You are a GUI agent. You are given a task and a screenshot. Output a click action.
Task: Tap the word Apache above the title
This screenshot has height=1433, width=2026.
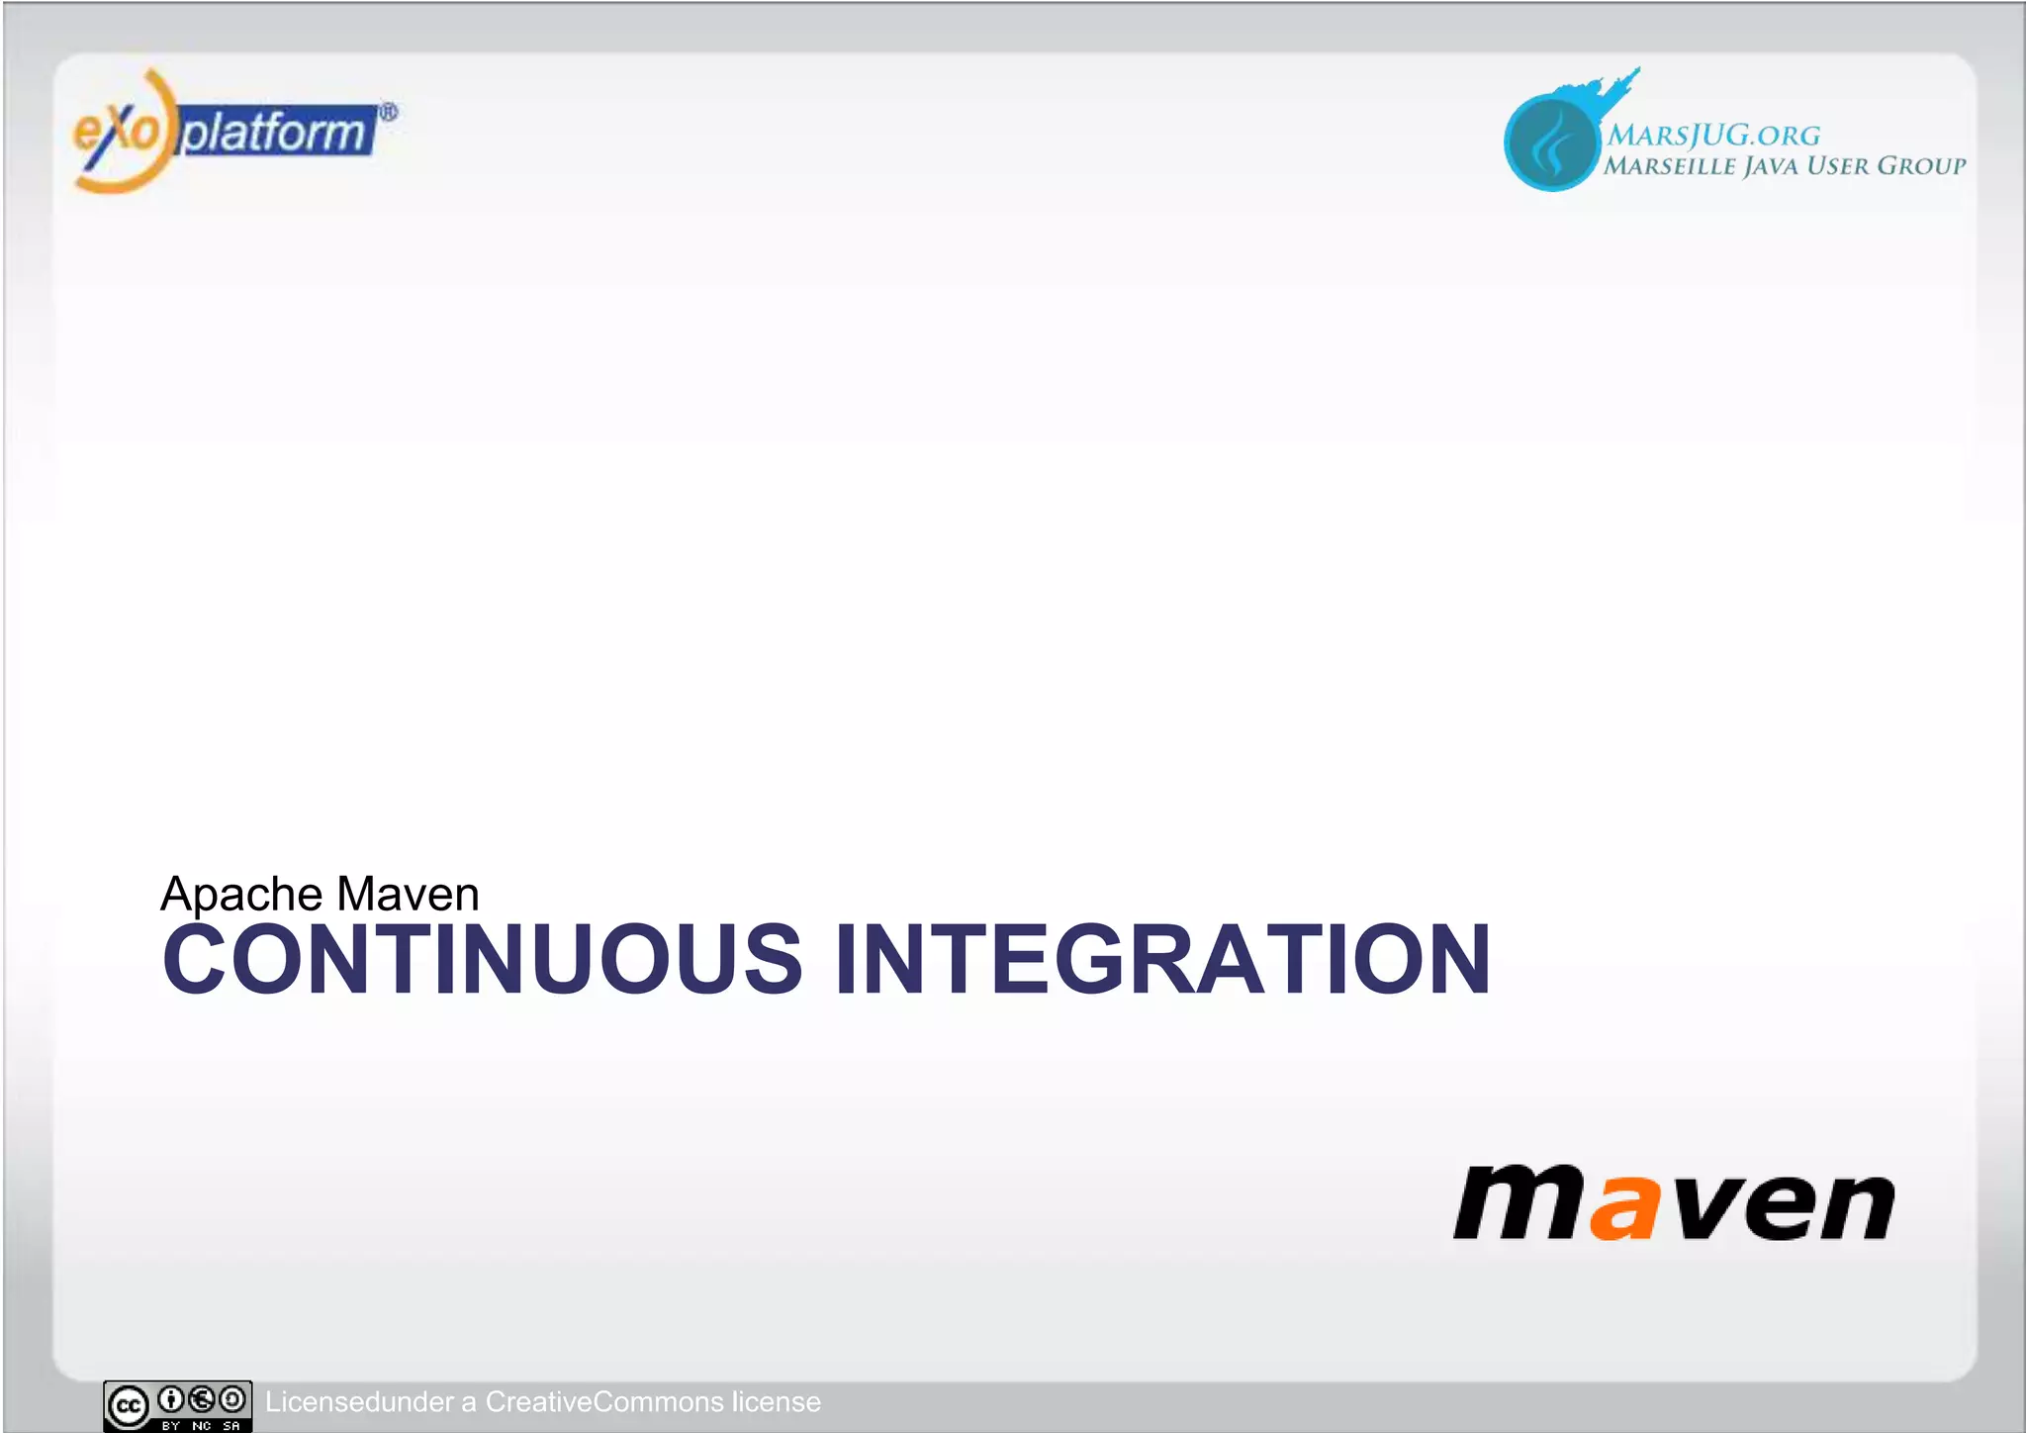(x=241, y=895)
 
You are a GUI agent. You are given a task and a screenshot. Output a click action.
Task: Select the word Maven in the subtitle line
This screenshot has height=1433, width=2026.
(x=408, y=894)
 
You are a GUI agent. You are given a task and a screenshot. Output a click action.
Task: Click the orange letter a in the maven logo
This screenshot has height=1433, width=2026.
(x=1621, y=1207)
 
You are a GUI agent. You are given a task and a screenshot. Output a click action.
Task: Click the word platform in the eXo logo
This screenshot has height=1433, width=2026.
(x=275, y=133)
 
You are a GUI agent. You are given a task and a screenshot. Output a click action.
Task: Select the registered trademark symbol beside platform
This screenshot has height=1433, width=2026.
(x=389, y=113)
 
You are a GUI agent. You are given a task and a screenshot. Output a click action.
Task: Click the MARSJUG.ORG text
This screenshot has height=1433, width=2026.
(x=1713, y=136)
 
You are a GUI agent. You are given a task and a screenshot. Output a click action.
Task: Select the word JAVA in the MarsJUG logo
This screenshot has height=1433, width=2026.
(x=1772, y=166)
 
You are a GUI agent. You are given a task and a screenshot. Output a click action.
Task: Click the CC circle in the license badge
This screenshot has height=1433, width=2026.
(x=129, y=1406)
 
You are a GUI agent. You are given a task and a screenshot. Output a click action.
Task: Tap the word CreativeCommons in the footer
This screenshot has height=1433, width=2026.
(x=604, y=1402)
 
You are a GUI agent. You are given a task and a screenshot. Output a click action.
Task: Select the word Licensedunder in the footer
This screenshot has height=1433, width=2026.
(x=358, y=1402)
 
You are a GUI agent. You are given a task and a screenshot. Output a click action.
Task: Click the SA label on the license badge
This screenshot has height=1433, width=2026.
(x=231, y=1426)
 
